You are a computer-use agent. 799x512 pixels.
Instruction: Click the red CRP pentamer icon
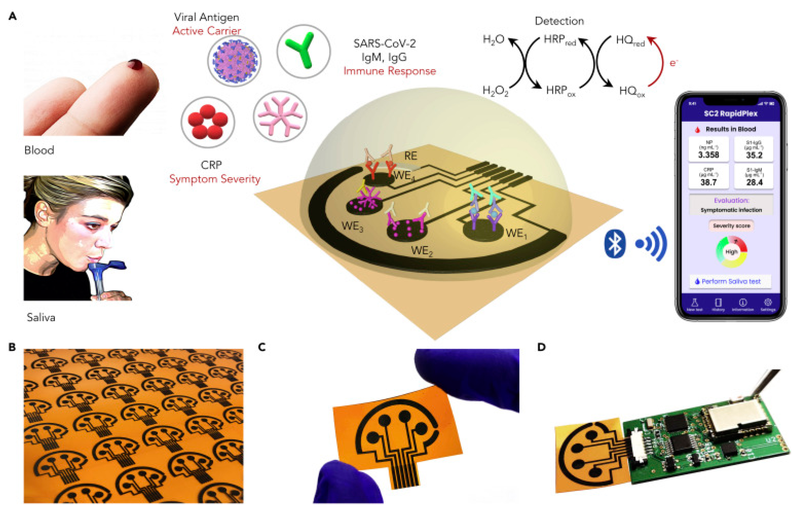[x=208, y=122]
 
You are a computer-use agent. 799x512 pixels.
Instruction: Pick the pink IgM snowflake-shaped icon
[x=280, y=116]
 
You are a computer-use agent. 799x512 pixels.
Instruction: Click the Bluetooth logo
[x=614, y=244]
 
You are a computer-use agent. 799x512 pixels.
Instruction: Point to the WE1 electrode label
[x=516, y=233]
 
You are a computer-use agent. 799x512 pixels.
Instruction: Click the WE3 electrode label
[x=352, y=226]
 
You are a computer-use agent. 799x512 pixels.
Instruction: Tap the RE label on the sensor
[x=411, y=156]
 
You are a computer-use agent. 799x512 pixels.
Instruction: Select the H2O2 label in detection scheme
[x=495, y=91]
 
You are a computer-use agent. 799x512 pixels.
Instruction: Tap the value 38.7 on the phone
[x=708, y=182]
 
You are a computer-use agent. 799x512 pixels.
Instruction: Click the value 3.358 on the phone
[x=708, y=154]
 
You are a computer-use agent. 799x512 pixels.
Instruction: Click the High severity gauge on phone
[x=731, y=252]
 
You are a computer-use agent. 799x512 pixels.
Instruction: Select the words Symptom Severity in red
[x=215, y=179]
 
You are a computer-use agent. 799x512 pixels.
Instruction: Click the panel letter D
[x=541, y=347]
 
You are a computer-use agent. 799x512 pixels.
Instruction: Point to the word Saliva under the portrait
[x=41, y=317]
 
